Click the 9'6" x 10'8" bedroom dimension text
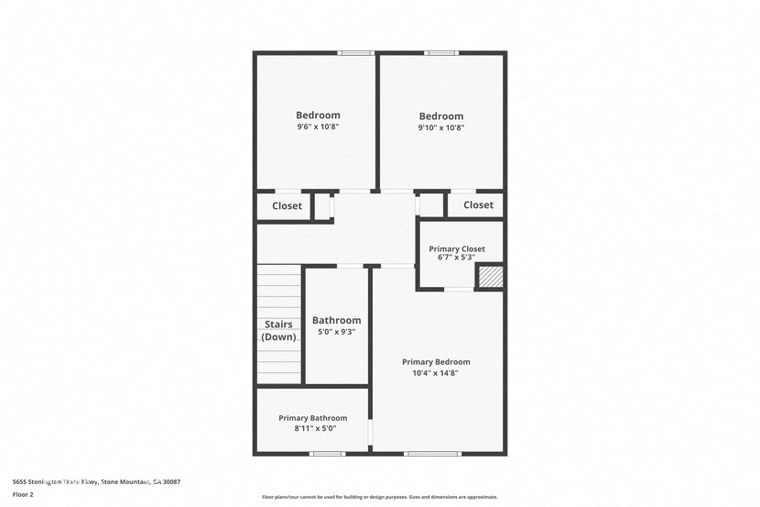(x=318, y=127)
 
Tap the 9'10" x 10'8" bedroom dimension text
(x=441, y=128)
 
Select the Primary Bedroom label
(x=436, y=362)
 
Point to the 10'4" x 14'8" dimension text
(x=436, y=373)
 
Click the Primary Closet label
(x=457, y=248)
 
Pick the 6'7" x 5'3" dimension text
(x=457, y=258)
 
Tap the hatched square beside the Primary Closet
(x=490, y=277)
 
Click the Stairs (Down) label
(x=279, y=330)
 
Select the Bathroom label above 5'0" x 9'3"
(x=336, y=320)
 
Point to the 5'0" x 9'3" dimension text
(x=336, y=332)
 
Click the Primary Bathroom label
(x=313, y=418)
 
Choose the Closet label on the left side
(x=287, y=206)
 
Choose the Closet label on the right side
(x=478, y=205)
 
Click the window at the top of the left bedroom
(x=355, y=53)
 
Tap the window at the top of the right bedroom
(x=440, y=53)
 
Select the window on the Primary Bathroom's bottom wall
(x=327, y=454)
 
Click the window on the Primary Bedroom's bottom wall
(x=432, y=454)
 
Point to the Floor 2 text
(x=23, y=494)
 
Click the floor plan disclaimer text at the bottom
(x=380, y=497)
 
